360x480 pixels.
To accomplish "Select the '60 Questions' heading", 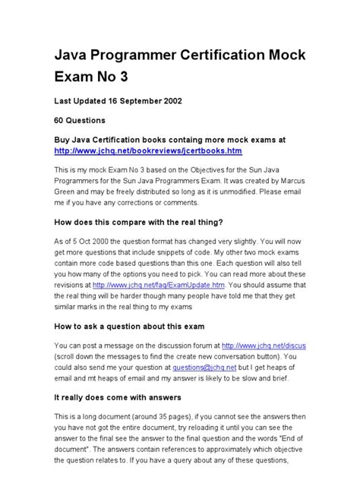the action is point(78,120).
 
